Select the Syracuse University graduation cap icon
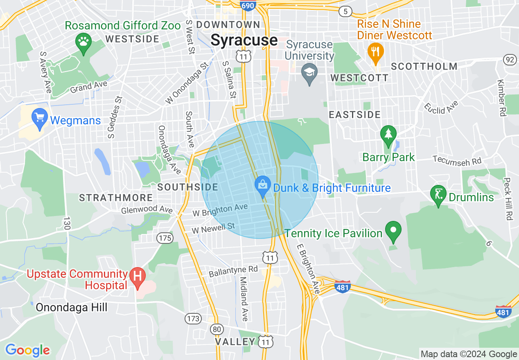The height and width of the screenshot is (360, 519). point(309,73)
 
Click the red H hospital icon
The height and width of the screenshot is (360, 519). point(138,277)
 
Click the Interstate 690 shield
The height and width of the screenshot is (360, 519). point(247,5)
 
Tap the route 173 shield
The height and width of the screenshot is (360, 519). point(194,318)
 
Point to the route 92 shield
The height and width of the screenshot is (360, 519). point(510,60)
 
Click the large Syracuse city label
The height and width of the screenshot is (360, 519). point(244,40)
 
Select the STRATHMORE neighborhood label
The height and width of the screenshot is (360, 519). point(116,198)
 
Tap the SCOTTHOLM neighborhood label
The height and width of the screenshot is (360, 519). point(424,66)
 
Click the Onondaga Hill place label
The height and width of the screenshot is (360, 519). point(71,307)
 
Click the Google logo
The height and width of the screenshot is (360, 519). point(27,350)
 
